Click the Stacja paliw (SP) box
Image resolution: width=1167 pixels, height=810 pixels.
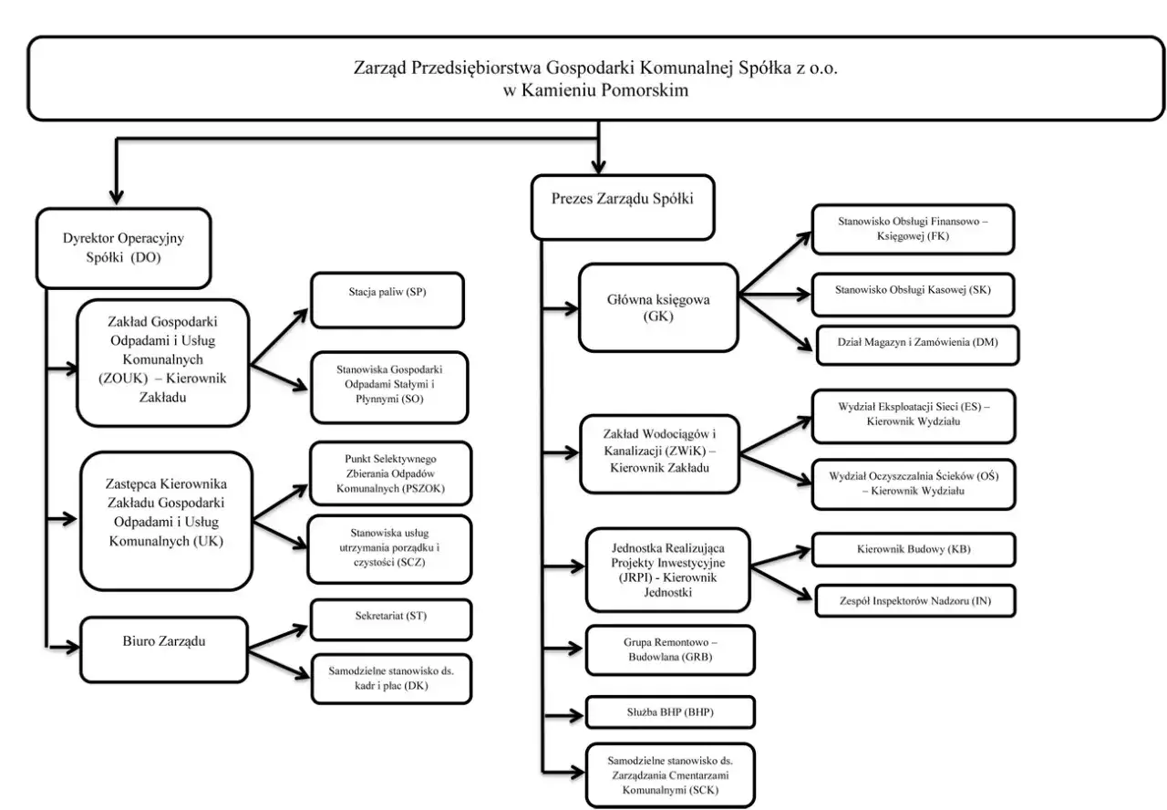pyautogui.click(x=387, y=300)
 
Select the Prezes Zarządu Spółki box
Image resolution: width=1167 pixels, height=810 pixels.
pyautogui.click(x=623, y=207)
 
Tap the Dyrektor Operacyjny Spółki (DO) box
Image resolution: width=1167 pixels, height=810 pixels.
pyautogui.click(x=123, y=248)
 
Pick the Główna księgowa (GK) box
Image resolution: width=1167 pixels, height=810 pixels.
pyautogui.click(x=658, y=307)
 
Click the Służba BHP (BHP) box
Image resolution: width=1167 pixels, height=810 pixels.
pyautogui.click(x=670, y=712)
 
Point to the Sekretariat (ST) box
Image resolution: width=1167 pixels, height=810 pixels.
pyautogui.click(x=391, y=619)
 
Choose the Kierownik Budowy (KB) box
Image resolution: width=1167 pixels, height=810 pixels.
pyautogui.click(x=914, y=549)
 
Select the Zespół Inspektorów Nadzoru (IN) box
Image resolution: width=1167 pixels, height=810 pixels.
pyautogui.click(x=915, y=600)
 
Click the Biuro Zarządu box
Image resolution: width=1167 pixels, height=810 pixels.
pyautogui.click(x=163, y=649)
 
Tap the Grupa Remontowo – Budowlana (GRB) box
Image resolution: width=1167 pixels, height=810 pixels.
pyautogui.click(x=670, y=650)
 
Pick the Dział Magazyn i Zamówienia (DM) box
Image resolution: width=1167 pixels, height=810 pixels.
pyautogui.click(x=917, y=345)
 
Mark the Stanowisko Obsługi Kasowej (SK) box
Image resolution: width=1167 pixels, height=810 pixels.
pyautogui.click(x=913, y=295)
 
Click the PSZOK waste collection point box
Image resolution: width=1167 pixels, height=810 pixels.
pyautogui.click(x=390, y=473)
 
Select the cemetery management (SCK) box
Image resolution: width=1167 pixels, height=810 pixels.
pyautogui.click(x=670, y=775)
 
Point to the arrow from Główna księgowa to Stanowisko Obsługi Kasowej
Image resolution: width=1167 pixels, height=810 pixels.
pyautogui.click(x=774, y=295)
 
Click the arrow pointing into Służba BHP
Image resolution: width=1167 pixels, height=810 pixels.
pyautogui.click(x=563, y=715)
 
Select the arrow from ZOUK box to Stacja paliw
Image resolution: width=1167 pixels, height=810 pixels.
pyautogui.click(x=279, y=337)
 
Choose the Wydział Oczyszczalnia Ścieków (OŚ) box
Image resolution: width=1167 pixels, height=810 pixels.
pyautogui.click(x=914, y=484)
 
